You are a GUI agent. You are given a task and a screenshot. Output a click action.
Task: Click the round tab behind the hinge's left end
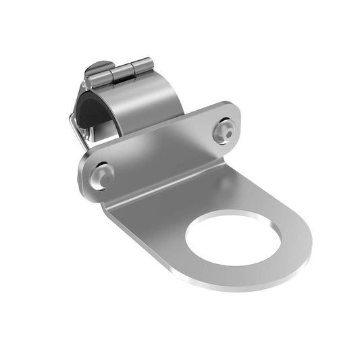(x=95, y=70)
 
